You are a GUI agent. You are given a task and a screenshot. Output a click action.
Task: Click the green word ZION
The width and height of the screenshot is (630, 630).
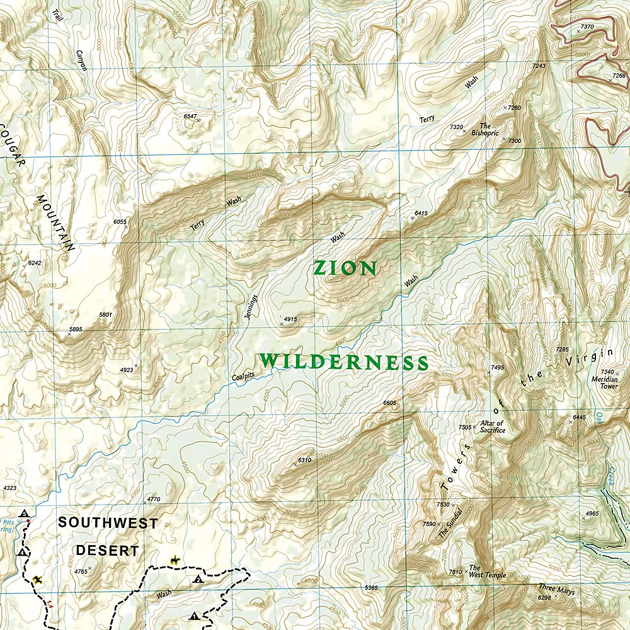point(345,268)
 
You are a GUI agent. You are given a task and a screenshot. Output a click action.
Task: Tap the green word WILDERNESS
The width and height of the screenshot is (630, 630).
point(344,362)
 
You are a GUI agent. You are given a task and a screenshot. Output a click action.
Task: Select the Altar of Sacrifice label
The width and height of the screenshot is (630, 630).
point(493,427)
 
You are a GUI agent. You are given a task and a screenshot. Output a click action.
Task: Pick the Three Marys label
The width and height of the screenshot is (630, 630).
point(556,590)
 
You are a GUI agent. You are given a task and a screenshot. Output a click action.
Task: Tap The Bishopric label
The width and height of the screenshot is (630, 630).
point(489,130)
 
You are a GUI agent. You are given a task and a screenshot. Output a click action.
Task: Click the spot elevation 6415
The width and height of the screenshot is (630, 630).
point(421,214)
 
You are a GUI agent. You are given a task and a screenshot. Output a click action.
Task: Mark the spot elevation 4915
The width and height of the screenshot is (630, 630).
point(290,319)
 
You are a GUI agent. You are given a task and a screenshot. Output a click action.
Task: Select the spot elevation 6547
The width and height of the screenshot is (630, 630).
point(190,117)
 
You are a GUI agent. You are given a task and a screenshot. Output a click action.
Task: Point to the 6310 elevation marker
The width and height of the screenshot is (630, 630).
point(304,460)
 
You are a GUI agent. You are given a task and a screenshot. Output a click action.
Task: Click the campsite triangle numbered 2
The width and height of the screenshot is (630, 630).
point(198,579)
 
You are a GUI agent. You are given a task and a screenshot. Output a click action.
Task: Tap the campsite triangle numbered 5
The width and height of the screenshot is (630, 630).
point(24,514)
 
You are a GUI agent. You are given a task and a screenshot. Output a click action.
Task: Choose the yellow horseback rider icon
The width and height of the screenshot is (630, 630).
point(174,559)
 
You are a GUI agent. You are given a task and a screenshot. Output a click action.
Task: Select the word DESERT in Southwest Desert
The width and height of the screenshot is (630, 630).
point(107,550)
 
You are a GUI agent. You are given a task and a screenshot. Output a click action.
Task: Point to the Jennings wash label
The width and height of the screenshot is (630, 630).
point(252,307)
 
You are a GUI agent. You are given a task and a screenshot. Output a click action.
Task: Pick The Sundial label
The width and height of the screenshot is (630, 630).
point(451,522)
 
